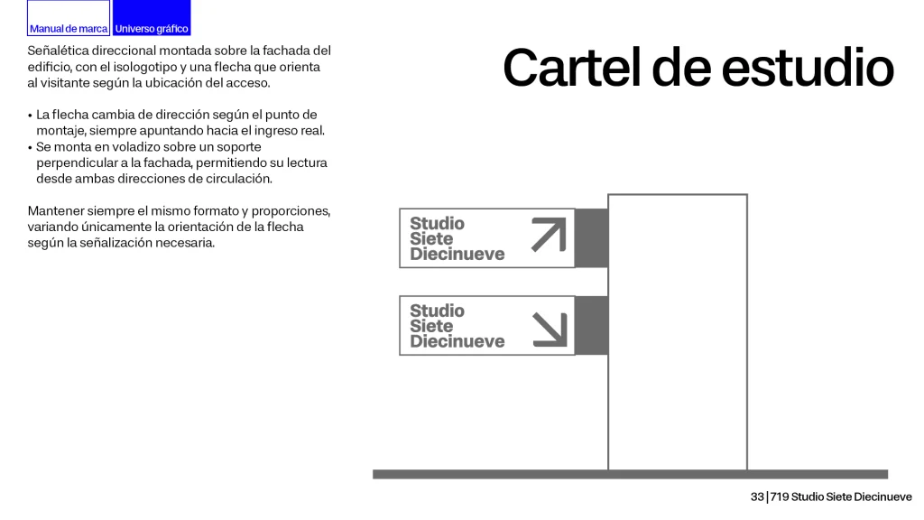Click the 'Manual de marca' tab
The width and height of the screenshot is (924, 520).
69,18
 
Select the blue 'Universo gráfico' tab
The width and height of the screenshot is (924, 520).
152,18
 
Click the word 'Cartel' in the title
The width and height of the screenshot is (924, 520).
571,67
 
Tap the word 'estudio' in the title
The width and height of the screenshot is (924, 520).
808,67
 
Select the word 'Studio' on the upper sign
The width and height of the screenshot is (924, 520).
438,224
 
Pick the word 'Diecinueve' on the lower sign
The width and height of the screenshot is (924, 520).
457,341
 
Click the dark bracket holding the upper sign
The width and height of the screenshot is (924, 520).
591,238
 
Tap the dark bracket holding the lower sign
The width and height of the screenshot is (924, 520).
591,325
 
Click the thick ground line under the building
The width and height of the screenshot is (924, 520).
630,474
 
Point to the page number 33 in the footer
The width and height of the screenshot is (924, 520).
757,497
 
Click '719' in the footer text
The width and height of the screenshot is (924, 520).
779,497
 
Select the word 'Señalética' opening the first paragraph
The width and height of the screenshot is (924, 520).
58,51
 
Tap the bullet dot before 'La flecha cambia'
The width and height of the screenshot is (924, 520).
30,115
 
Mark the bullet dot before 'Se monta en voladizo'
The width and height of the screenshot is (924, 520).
30,147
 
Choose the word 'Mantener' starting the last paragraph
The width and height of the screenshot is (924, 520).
55,211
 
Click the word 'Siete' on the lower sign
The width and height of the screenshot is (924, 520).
431,326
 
